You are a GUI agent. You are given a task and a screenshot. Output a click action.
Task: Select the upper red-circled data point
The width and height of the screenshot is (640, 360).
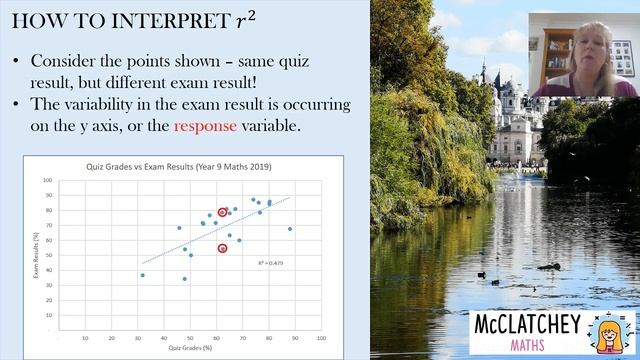point(222,212)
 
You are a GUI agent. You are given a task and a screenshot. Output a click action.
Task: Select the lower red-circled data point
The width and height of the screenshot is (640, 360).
point(222,248)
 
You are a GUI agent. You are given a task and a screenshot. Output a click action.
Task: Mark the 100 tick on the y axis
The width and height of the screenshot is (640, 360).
point(47,181)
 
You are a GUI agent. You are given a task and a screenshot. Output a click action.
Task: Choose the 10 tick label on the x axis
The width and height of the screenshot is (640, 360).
point(84,336)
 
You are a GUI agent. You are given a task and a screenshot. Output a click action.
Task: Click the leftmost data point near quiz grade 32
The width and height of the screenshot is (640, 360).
point(142,275)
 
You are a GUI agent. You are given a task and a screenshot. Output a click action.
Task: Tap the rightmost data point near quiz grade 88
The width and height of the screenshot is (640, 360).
point(290,229)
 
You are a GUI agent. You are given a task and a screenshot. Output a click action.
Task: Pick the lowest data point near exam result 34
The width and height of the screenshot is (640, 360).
point(184,279)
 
